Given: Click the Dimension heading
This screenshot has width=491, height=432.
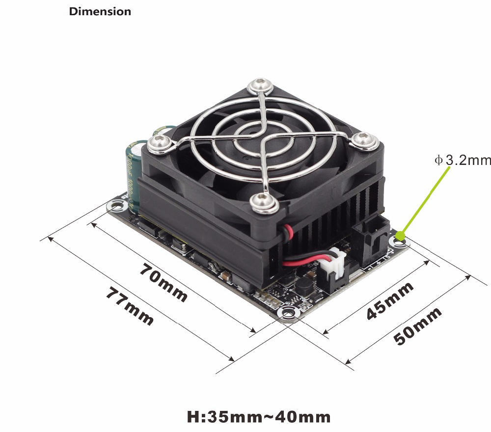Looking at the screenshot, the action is click(x=100, y=12).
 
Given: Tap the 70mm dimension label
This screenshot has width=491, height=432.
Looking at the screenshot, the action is click(x=164, y=282).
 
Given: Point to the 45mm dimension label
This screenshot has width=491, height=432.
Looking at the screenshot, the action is click(x=390, y=301).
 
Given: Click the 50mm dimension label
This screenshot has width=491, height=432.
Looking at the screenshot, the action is click(x=417, y=326).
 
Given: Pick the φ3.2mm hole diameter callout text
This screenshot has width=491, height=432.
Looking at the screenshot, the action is click(x=463, y=160).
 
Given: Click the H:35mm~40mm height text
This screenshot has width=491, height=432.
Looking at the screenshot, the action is click(x=259, y=417).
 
